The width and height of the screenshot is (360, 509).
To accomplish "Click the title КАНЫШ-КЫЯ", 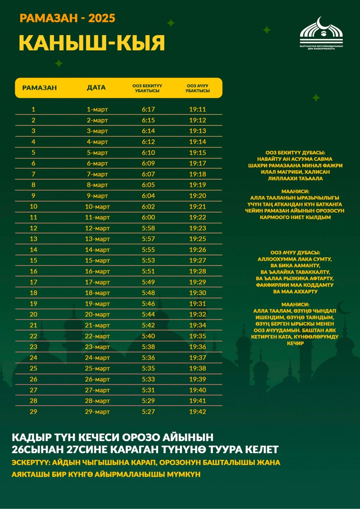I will coord(92,43).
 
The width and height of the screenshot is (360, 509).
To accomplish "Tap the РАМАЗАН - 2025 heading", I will coord(67,18).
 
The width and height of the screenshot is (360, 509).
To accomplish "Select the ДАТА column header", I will coord(96,88).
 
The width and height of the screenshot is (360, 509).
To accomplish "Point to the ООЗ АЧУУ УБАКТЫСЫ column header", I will coord(197,88).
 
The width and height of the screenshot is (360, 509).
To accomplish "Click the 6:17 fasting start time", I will coord(148,109).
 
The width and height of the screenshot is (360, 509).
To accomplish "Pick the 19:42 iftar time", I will coord(197,411).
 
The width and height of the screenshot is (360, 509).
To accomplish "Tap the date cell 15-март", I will coord(97,260).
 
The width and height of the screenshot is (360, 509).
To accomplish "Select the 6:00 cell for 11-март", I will coord(148,217).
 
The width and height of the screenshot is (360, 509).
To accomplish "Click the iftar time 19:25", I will coord(197,239).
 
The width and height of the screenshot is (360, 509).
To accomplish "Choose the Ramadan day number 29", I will coord(33,411).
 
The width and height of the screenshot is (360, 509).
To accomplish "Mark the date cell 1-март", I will coord(97,109).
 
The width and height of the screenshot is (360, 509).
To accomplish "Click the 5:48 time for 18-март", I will coord(148,293).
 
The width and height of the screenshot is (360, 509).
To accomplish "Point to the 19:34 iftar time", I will coord(197,325).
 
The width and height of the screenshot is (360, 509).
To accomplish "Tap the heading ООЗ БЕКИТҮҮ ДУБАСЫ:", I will coord(295,153).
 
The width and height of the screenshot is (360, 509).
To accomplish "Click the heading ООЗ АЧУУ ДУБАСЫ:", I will coord(295,253).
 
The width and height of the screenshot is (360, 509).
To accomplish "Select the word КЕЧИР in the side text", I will coord(295,343).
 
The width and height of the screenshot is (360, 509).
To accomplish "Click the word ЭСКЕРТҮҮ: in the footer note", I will coord(30,463).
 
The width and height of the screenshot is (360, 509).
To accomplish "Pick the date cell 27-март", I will coord(97,390).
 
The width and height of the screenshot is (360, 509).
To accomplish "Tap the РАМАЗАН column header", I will coord(39,88).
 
